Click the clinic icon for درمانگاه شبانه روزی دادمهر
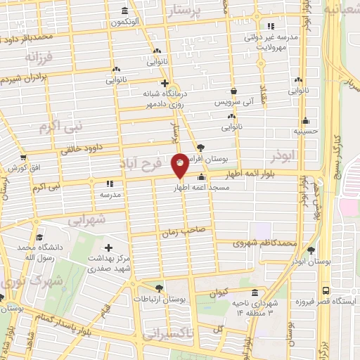coord(164,83)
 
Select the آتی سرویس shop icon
coord(233,91)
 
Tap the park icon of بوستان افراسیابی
coord(202,148)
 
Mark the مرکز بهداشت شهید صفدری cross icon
coord(108,247)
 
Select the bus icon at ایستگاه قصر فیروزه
coord(325,290)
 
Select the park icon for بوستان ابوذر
coord(311,250)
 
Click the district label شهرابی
coord(87,220)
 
